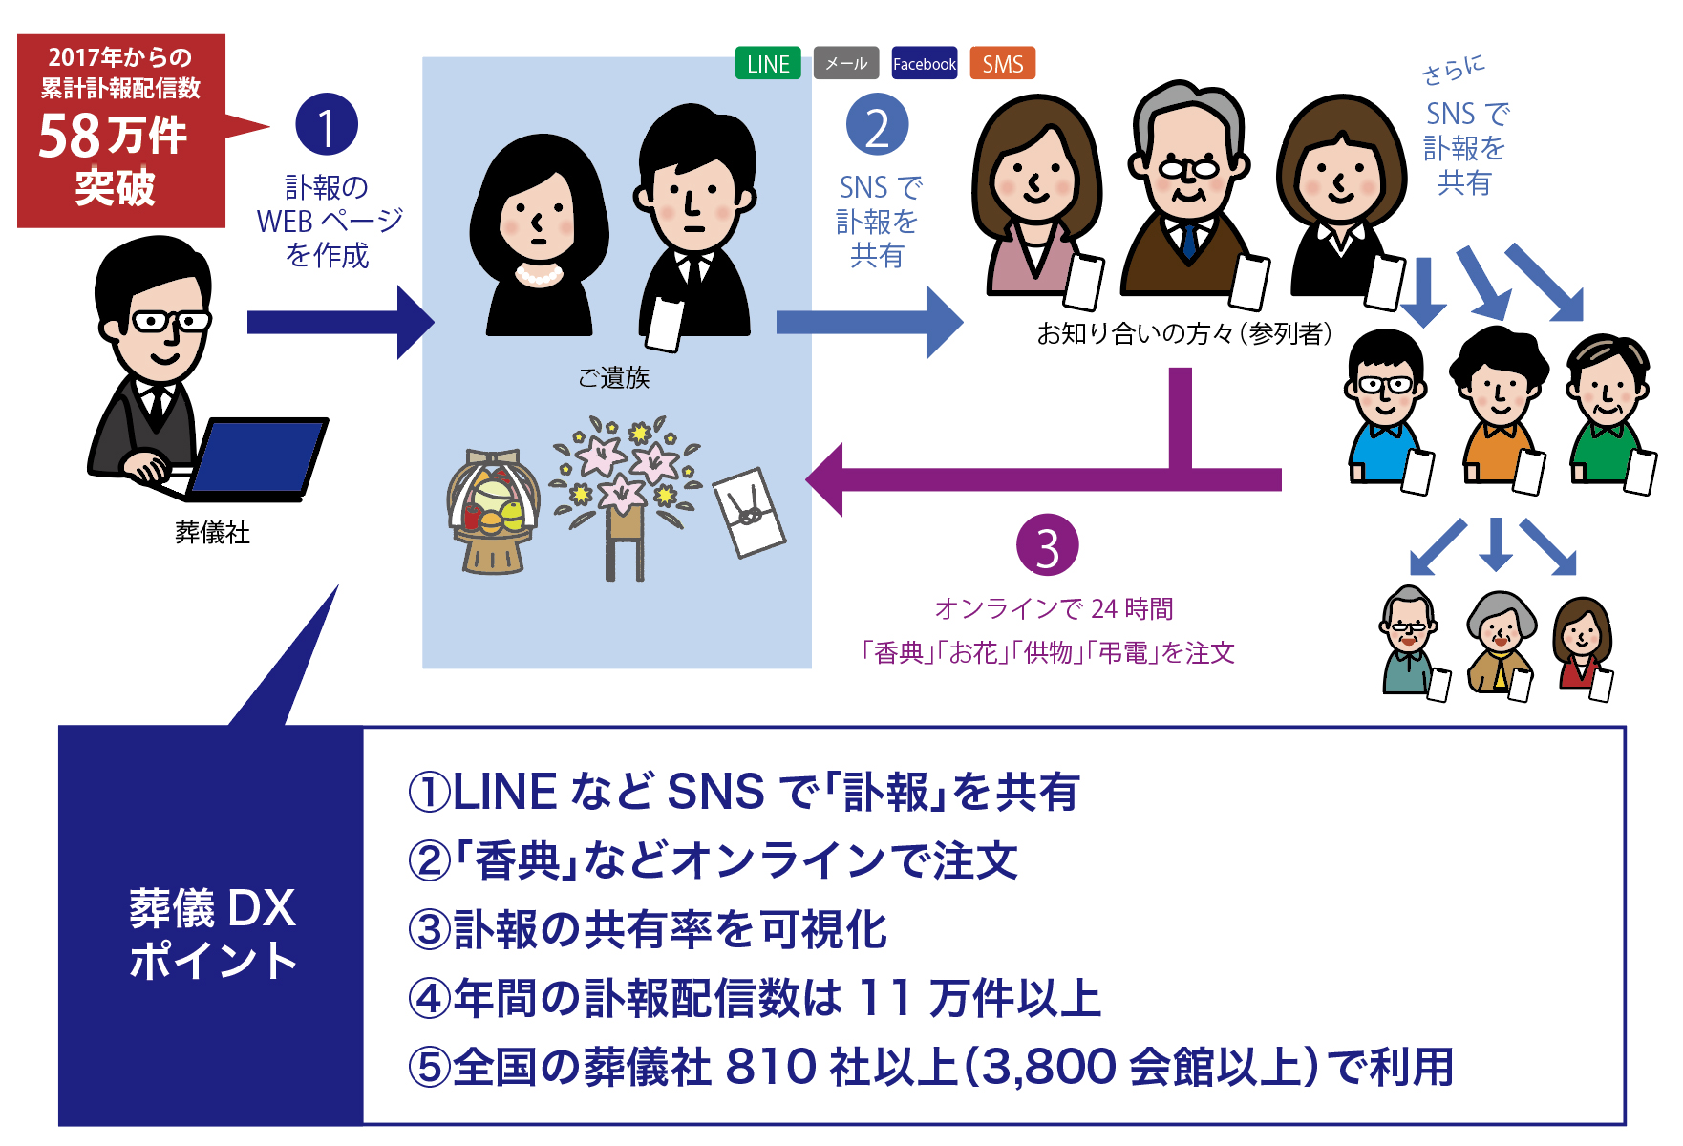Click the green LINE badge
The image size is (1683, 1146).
pos(768,63)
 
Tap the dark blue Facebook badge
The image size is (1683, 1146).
pos(924,63)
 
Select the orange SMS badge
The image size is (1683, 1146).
pos(1002,63)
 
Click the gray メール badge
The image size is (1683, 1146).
pos(845,63)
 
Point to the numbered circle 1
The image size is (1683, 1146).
pos(327,125)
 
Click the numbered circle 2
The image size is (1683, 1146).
pos(877,125)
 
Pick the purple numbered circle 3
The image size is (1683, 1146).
pos(1047,546)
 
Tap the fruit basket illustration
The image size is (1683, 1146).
pos(493,511)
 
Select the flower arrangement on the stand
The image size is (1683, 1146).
pos(626,487)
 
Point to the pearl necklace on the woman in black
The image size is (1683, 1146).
pos(539,275)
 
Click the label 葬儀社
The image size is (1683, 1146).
pos(212,532)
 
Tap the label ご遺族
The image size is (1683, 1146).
pos(613,378)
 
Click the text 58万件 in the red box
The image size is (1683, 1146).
pos(113,136)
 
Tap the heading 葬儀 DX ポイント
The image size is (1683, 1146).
pos(212,934)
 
